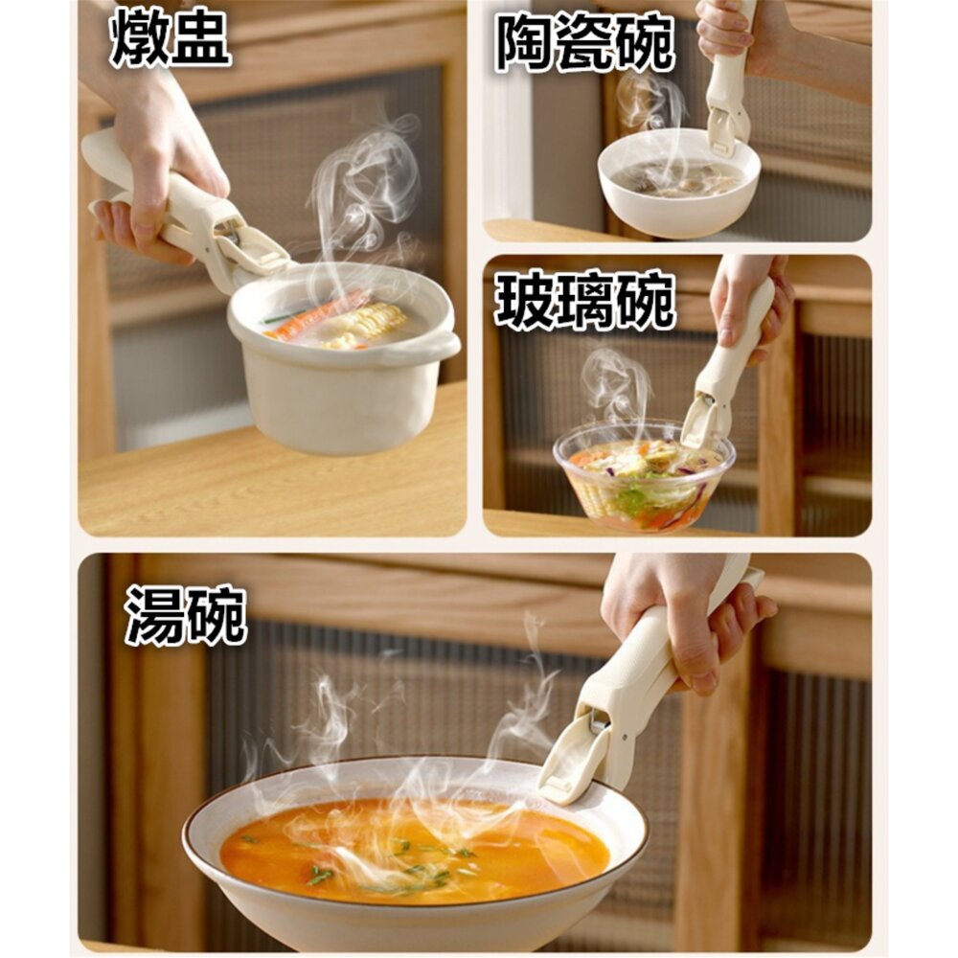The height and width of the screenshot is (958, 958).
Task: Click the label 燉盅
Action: tap(170, 39)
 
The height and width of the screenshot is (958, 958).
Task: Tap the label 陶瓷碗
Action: tap(584, 43)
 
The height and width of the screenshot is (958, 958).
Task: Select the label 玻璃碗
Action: tap(584, 301)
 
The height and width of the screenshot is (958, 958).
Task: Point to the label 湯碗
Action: tap(186, 615)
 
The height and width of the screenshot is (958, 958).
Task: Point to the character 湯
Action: tap(155, 615)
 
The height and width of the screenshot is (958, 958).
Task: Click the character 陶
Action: tap(524, 43)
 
